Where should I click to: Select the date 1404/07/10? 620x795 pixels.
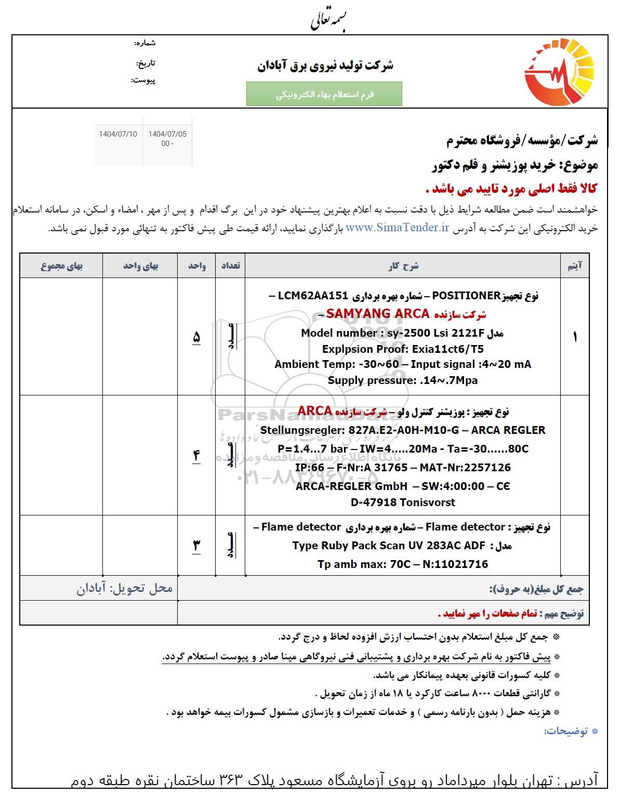pos(118,134)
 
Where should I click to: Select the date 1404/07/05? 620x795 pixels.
pos(167,134)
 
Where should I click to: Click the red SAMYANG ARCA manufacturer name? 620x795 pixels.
pos(377,314)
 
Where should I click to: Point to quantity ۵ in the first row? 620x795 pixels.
pos(196,337)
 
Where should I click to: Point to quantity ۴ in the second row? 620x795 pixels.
pos(196,455)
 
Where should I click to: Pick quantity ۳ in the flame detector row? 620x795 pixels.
pos(196,545)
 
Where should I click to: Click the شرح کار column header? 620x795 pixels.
pos(403,266)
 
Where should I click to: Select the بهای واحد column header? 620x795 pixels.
pos(140,266)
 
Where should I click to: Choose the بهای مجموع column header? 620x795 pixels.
pos(61,266)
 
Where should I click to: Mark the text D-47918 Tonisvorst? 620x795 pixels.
pos(403,502)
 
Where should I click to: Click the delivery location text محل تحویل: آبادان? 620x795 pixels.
pos(125,588)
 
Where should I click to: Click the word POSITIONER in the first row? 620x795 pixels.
pos(465,296)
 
